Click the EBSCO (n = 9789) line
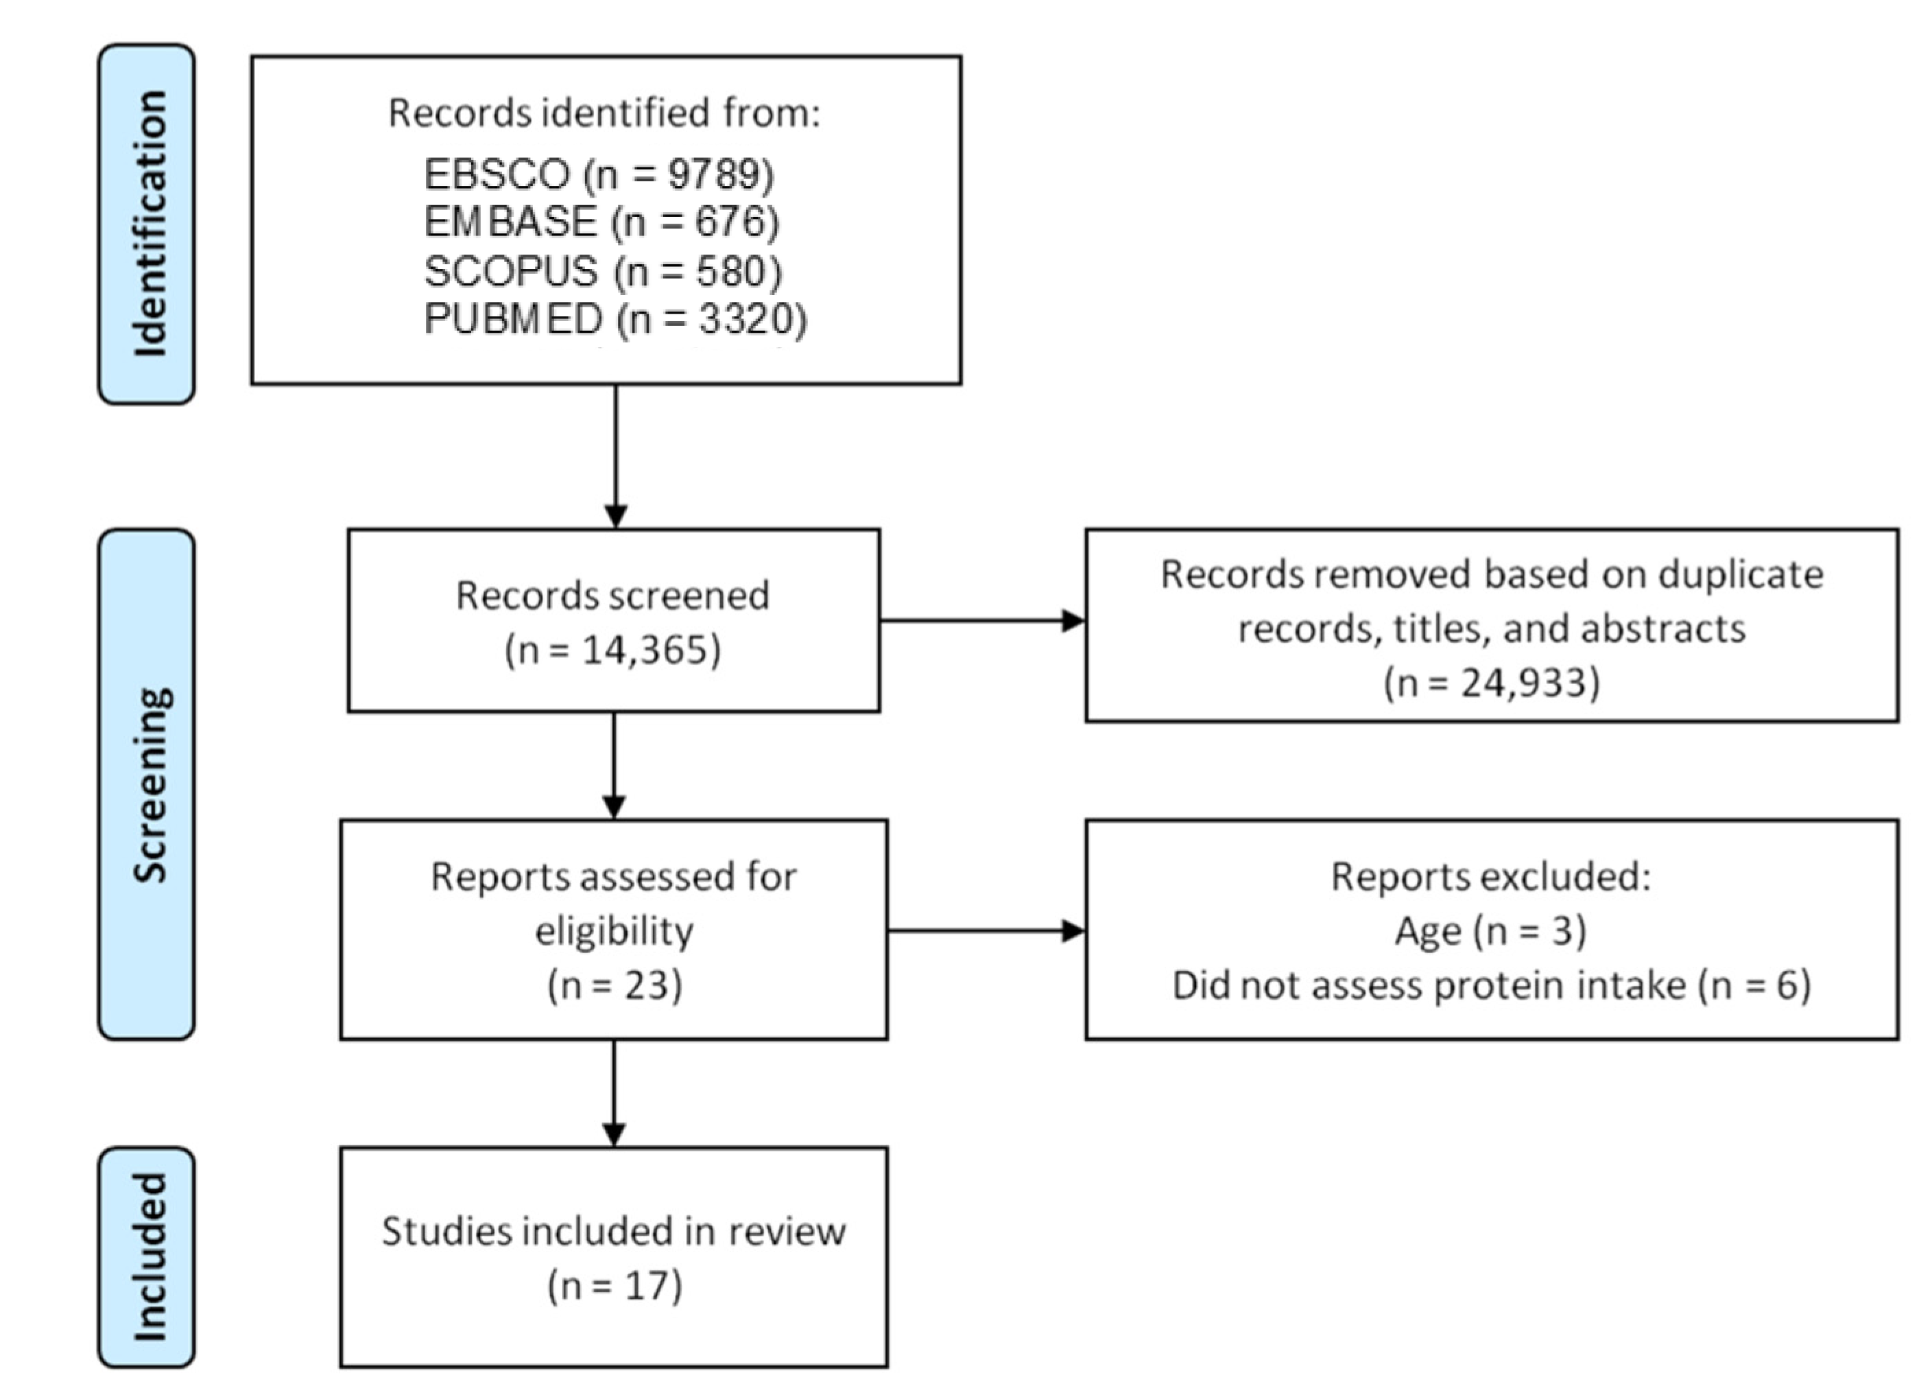(598, 174)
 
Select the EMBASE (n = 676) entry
(601, 222)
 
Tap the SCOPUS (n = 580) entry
(602, 271)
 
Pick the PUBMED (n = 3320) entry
(615, 319)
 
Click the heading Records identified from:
(604, 113)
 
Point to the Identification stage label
(147, 224)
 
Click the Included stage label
(147, 1257)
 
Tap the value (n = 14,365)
(612, 650)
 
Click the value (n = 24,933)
(1492, 683)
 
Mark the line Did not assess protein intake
(1491, 985)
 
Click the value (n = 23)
(614, 985)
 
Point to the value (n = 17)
(614, 1285)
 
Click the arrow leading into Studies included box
(614, 1093)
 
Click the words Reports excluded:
(1491, 877)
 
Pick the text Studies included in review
(613, 1231)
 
